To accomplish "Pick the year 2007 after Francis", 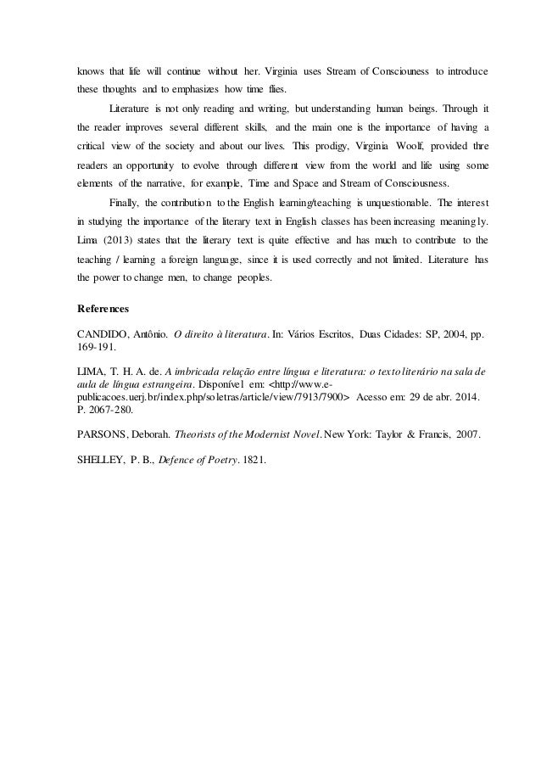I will pos(462,434).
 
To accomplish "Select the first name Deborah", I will pos(152,434).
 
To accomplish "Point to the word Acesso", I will pos(379,396).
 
